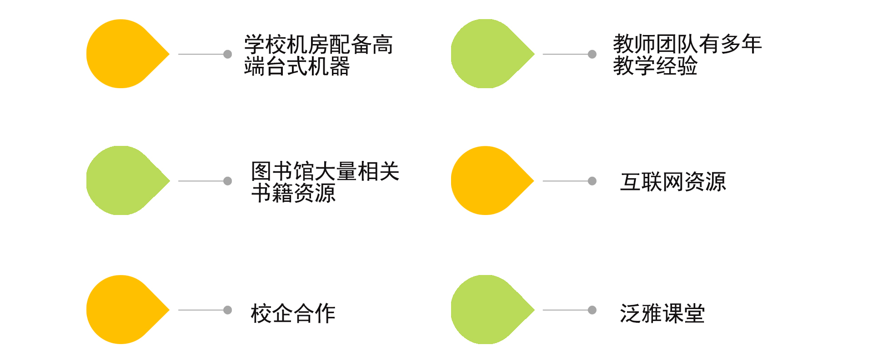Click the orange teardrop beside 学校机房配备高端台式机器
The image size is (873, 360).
coord(123,54)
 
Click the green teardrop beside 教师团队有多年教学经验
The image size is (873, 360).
coord(487,54)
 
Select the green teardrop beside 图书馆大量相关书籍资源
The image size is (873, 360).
coord(123,180)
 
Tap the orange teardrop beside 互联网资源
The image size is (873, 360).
coord(487,180)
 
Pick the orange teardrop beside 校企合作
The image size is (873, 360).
coord(123,310)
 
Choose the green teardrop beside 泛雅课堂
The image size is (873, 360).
coord(487,310)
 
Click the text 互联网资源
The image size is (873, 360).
coord(673,182)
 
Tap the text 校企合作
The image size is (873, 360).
coord(293,313)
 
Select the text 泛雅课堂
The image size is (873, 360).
coord(662,313)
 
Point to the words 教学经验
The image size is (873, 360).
coord(655,66)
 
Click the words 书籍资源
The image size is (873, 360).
coord(293,193)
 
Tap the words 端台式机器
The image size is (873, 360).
coord(296,66)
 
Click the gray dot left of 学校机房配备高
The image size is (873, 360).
coord(228,54)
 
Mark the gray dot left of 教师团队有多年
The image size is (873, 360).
coord(592,54)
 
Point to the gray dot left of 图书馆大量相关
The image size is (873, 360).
coord(228,181)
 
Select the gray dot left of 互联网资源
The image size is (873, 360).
coord(592,181)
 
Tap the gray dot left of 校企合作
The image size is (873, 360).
coord(228,310)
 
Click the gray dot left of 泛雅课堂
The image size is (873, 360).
coord(592,310)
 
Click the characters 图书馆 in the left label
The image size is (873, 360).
coord(282,171)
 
